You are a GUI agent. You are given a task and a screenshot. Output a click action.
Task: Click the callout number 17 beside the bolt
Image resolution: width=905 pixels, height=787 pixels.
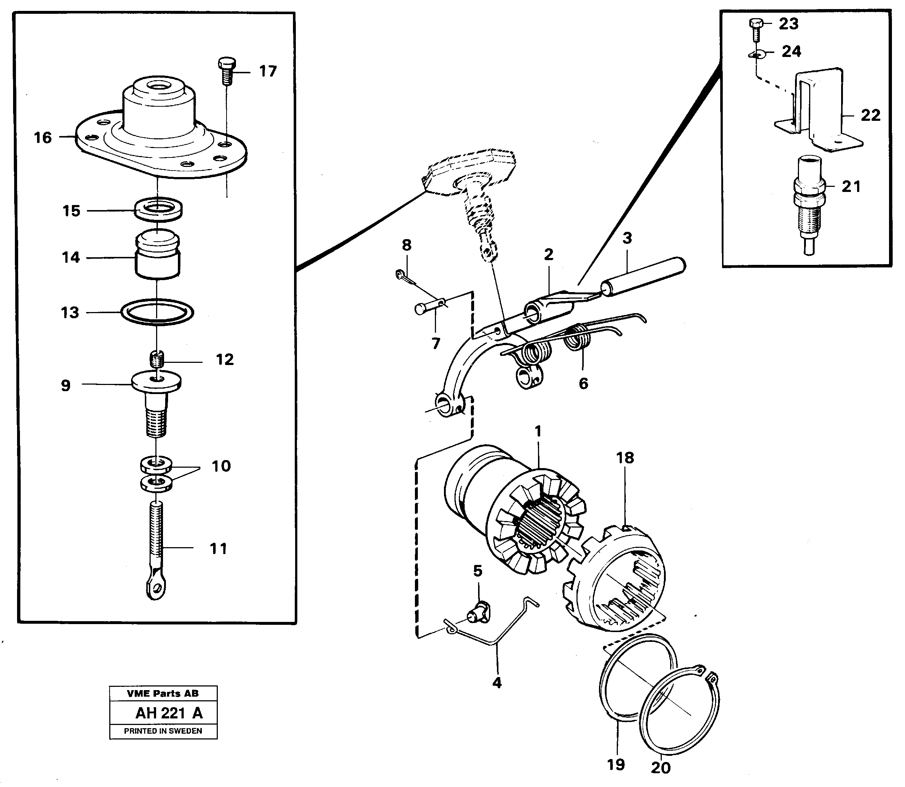268,71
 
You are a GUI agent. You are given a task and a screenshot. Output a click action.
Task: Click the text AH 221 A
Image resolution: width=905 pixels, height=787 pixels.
169,713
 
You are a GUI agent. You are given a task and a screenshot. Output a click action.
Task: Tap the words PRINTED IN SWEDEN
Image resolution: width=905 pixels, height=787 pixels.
163,731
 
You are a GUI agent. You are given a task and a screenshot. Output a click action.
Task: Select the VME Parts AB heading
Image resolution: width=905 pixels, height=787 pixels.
163,693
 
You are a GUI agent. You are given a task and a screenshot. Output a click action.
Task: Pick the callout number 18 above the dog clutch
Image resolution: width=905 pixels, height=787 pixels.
625,458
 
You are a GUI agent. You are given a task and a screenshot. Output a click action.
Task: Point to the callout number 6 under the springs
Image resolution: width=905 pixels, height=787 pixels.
583,384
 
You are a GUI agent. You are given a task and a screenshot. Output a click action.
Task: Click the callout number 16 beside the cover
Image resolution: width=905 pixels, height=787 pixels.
42,138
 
